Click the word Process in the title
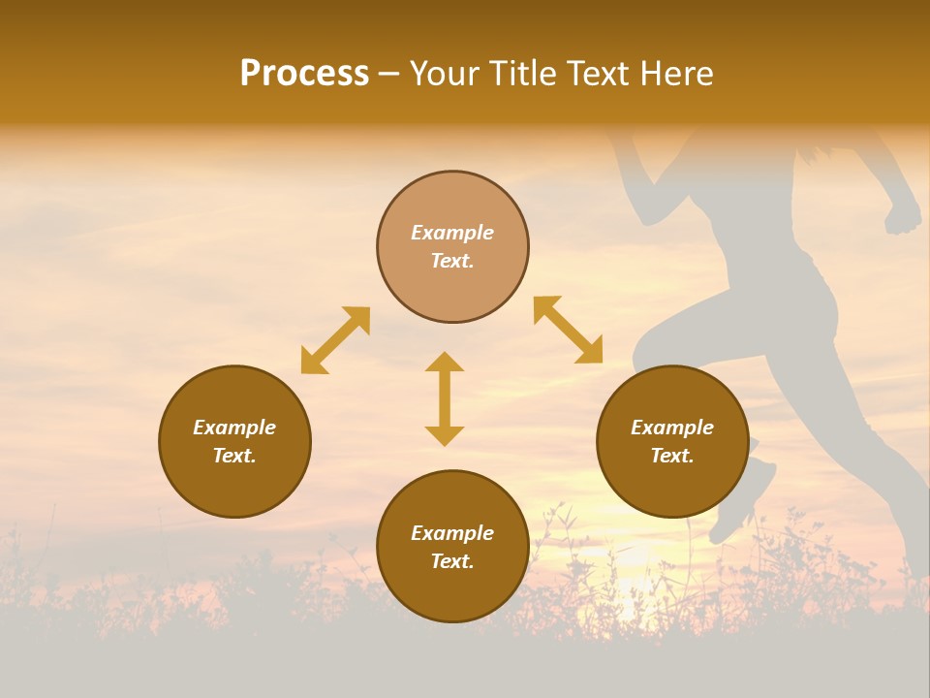click(304, 74)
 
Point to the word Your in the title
click(447, 74)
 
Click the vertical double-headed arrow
click(445, 398)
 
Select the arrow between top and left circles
click(335, 340)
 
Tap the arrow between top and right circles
click(568, 330)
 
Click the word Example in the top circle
click(452, 233)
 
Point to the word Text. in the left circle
click(234, 456)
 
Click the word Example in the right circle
click(672, 428)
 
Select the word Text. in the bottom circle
click(452, 561)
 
